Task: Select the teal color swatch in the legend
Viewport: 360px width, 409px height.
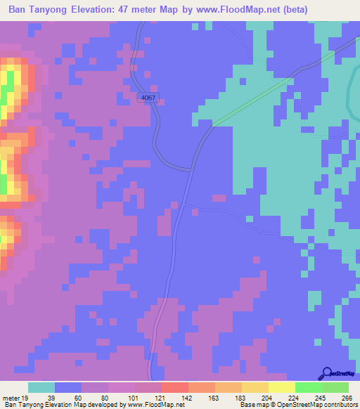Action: pyautogui.click(x=41, y=387)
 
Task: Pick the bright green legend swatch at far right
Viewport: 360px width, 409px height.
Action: pyautogui.click(x=335, y=387)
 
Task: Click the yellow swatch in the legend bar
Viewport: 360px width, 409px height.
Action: pyautogui.click(x=281, y=387)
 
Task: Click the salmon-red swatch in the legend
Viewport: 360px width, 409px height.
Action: pyautogui.click(x=174, y=387)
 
